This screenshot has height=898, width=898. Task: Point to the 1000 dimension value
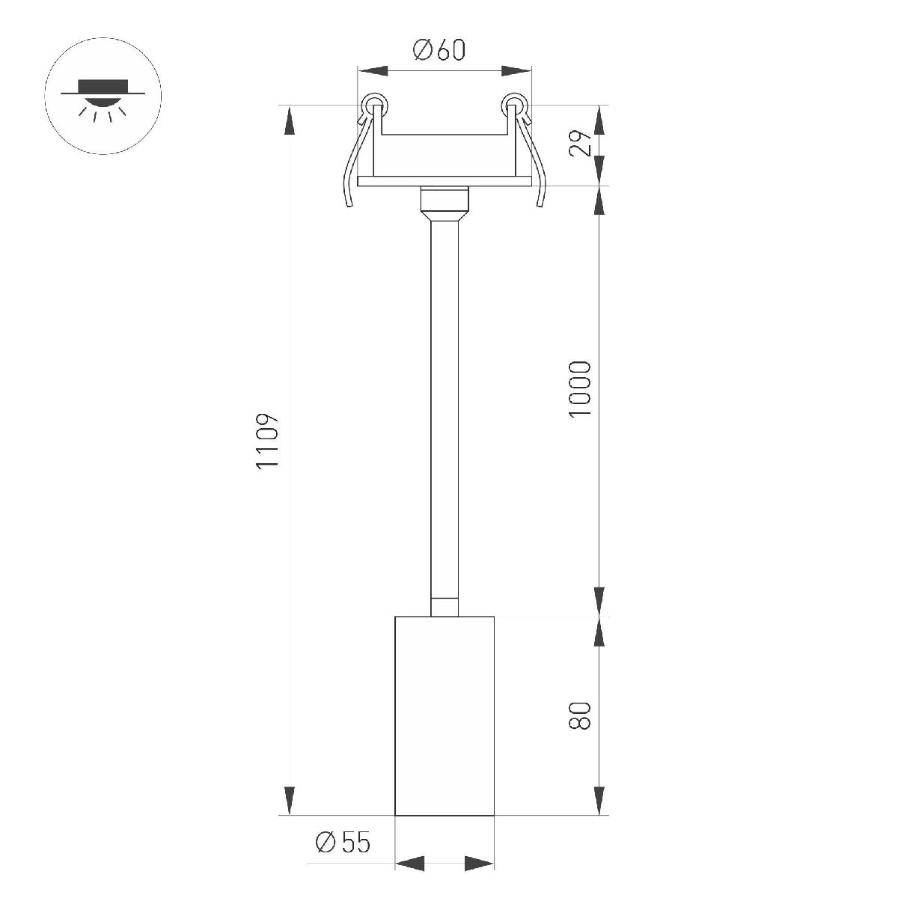point(580,389)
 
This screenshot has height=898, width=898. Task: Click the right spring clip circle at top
point(514,105)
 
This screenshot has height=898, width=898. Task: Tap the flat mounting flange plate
point(445,181)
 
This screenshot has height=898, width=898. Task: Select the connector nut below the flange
point(445,200)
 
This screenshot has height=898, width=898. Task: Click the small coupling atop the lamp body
point(445,606)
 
